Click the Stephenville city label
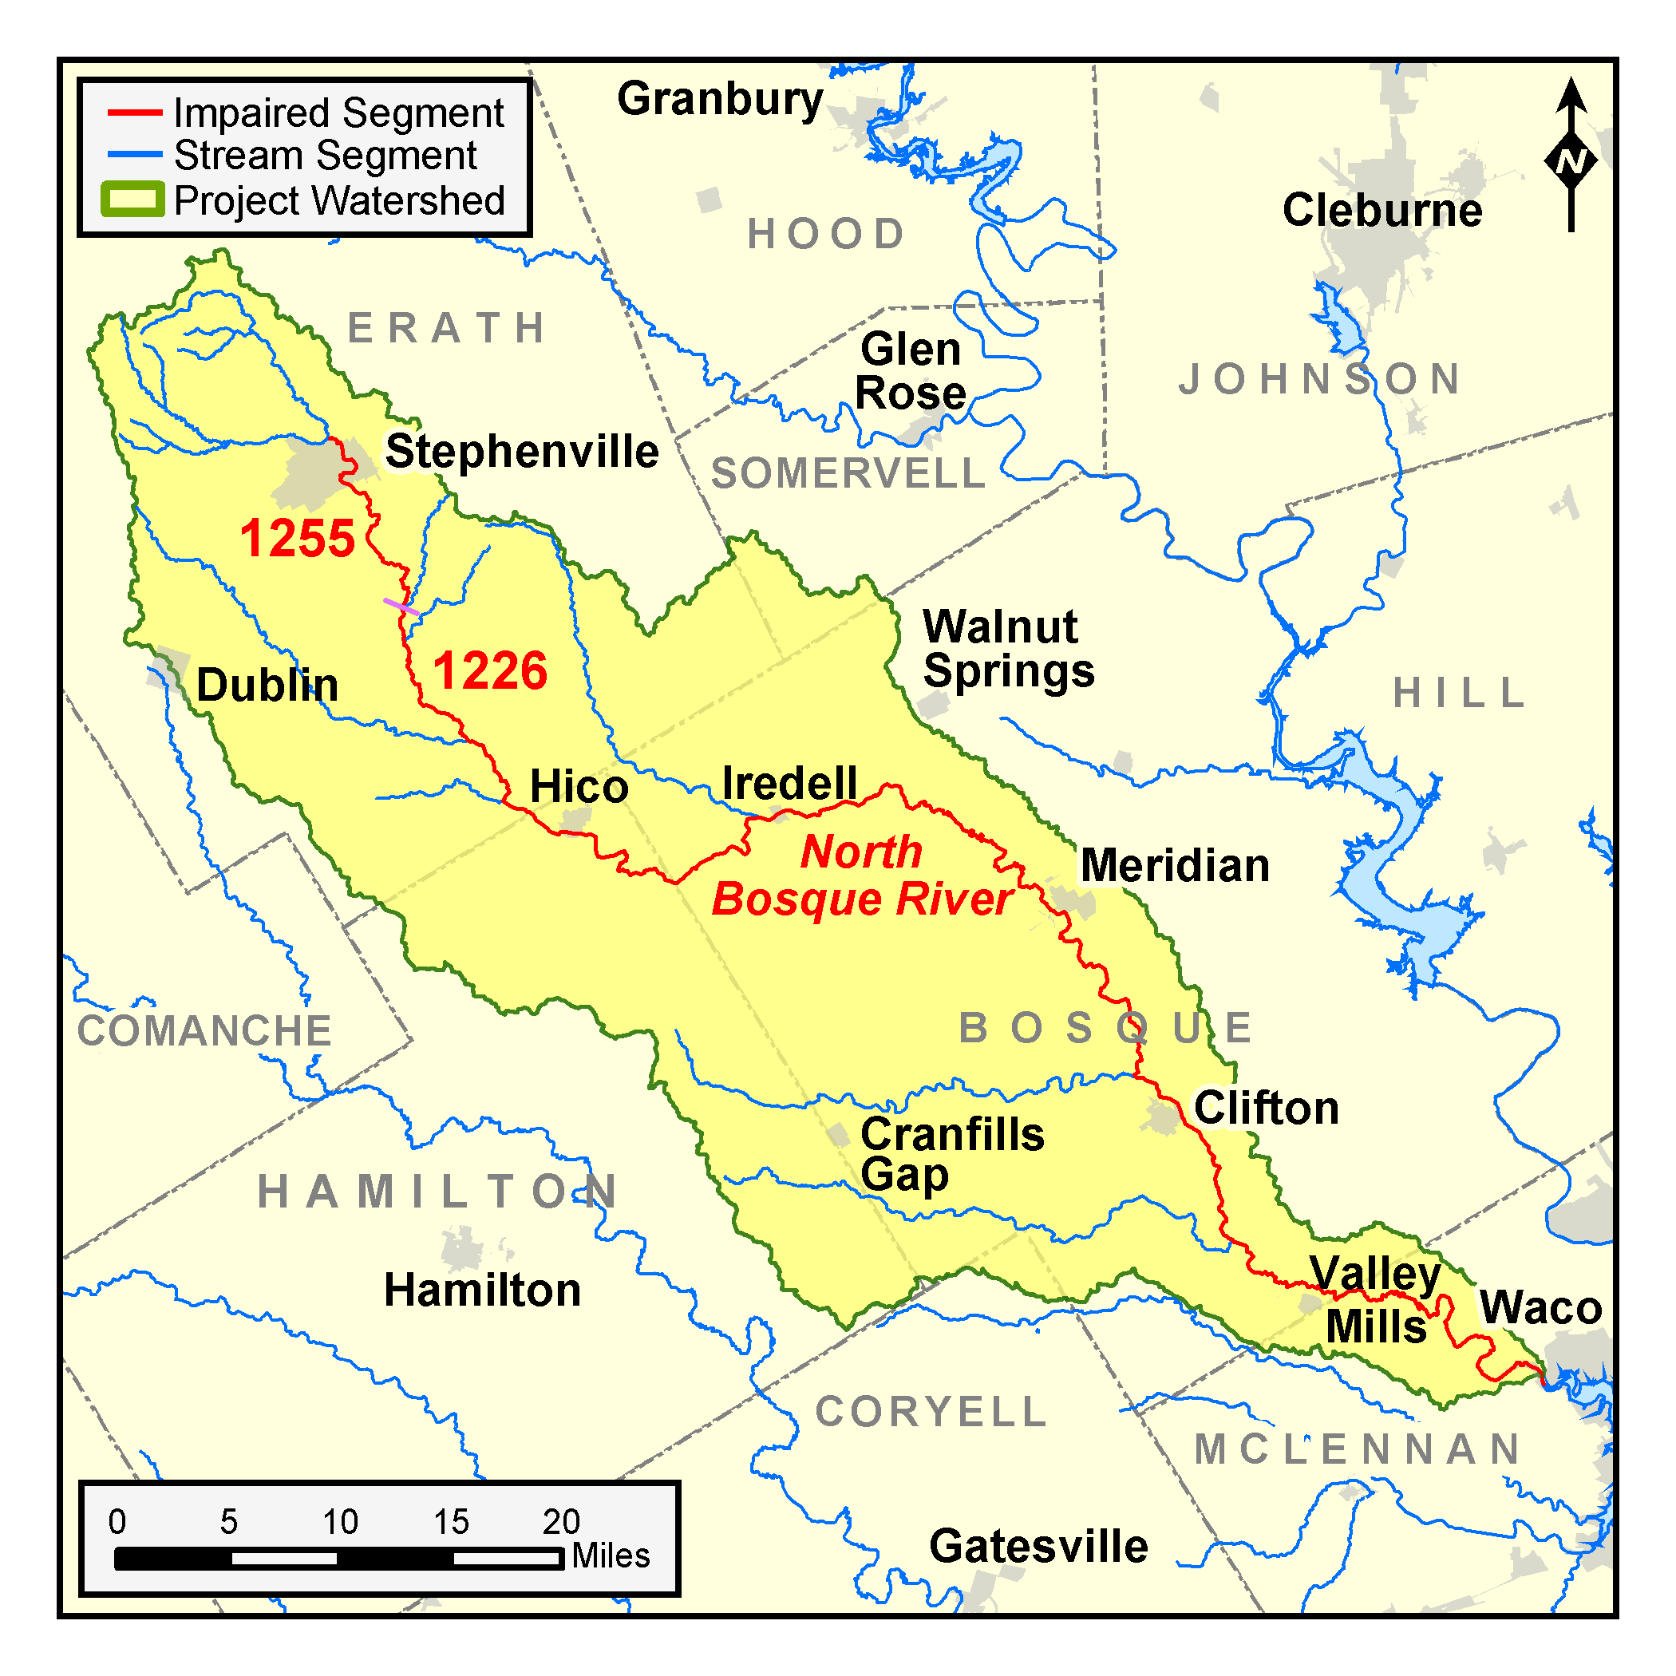[x=521, y=451]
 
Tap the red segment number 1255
[x=298, y=538]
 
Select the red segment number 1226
[x=490, y=670]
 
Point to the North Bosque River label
[x=861, y=875]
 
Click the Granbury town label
[x=720, y=100]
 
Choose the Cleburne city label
[x=1382, y=210]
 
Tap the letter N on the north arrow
[x=1571, y=162]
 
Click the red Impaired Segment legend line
[x=134, y=113]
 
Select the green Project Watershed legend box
[x=132, y=200]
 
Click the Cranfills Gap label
[x=951, y=1155]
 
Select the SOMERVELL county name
[x=848, y=473]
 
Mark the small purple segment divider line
[x=401, y=607]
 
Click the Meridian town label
[x=1175, y=866]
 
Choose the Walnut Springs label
[x=1007, y=649]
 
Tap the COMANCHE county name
[x=205, y=1030]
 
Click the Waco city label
[x=1540, y=1307]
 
